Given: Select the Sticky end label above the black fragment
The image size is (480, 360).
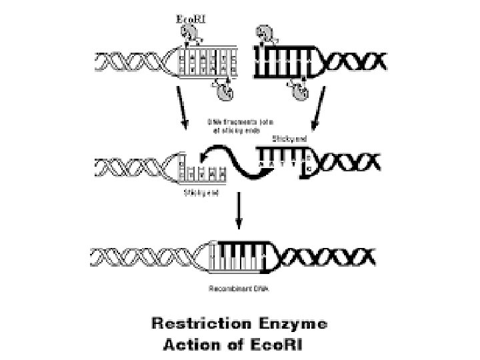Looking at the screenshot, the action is (x=289, y=139).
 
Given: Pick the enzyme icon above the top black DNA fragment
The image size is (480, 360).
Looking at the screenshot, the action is (x=265, y=33).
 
